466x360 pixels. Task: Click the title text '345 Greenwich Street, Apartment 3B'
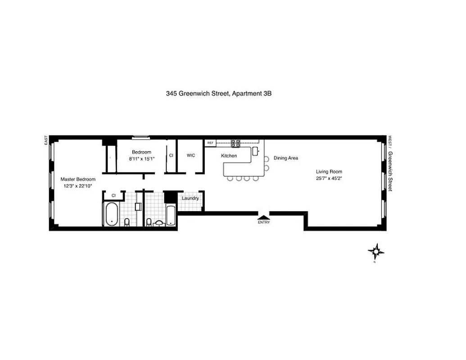tap(219, 94)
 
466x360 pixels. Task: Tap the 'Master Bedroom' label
tap(78, 179)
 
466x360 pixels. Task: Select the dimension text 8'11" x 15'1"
tap(141, 158)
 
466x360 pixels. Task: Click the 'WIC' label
tap(191, 155)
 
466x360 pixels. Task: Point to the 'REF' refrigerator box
tap(210, 143)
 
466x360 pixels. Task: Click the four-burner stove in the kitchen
tap(235, 143)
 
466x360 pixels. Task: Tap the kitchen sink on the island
tap(255, 150)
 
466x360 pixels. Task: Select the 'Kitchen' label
tap(229, 156)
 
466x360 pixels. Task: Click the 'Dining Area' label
tap(285, 158)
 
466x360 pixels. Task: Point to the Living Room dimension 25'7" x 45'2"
tap(329, 178)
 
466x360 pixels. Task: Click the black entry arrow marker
tap(263, 216)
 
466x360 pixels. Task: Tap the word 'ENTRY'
tap(263, 222)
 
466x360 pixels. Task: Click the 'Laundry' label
tap(190, 198)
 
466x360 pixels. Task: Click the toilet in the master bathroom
tap(127, 222)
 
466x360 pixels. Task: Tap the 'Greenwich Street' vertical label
tap(390, 171)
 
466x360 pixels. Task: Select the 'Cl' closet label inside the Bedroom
tap(171, 155)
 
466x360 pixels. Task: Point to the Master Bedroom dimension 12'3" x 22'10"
tap(78, 186)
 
